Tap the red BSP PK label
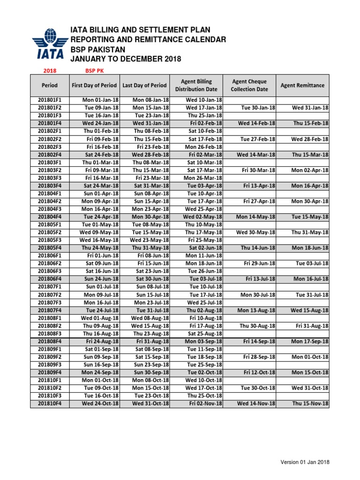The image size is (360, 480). (94, 70)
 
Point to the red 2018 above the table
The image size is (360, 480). (50, 70)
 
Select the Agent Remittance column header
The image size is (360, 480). (302, 85)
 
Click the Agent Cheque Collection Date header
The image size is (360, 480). (249, 85)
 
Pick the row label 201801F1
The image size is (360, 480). (50, 100)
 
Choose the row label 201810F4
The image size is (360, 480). (50, 404)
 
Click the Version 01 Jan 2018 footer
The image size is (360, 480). (305, 462)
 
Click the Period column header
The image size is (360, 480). (50, 85)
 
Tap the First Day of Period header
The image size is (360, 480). (94, 85)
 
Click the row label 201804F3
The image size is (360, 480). (50, 209)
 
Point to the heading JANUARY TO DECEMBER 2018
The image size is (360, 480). (125, 59)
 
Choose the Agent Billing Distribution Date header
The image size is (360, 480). (196, 85)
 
